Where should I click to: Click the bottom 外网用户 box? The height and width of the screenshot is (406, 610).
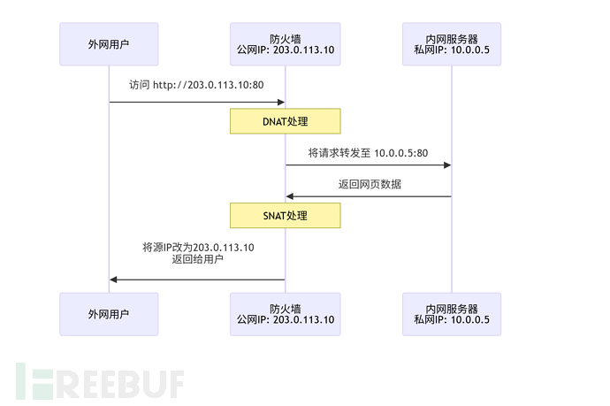[109, 314]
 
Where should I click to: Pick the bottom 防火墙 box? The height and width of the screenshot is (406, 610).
[285, 314]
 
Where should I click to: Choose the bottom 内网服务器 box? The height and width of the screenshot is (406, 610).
[451, 314]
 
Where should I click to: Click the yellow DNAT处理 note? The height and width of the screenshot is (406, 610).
[285, 121]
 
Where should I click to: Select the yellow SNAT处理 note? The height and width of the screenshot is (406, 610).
[285, 216]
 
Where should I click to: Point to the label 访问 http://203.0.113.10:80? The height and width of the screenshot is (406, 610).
[196, 86]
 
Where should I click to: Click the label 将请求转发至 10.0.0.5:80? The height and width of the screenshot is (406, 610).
[368, 153]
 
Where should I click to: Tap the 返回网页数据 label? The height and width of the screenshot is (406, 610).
[368, 184]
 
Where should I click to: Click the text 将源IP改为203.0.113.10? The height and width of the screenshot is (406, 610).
[198, 248]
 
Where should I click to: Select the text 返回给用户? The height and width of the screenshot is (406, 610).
[197, 260]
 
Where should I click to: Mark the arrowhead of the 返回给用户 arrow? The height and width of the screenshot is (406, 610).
[114, 280]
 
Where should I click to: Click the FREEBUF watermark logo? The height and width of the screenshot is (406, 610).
[99, 381]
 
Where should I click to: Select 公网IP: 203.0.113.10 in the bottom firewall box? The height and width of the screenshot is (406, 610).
[285, 320]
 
